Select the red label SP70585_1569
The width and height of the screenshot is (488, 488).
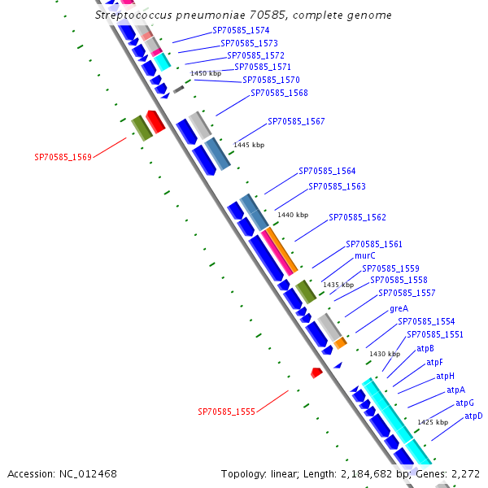pyautogui.click(x=63, y=157)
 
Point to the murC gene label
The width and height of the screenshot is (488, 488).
pyautogui.click(x=365, y=255)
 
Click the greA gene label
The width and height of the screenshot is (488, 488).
pyautogui.click(x=399, y=309)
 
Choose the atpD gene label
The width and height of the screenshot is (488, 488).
pyautogui.click(x=473, y=416)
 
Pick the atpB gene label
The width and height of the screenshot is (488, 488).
pyautogui.click(x=425, y=349)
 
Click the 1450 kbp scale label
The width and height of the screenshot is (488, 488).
pyautogui.click(x=206, y=73)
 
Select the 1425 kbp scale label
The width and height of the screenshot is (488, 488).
pyautogui.click(x=433, y=422)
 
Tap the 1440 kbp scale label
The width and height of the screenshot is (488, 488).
pyautogui.click(x=293, y=215)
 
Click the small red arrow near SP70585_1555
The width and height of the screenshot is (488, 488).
pyautogui.click(x=316, y=372)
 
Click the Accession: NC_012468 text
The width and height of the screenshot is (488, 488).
pyautogui.click(x=62, y=473)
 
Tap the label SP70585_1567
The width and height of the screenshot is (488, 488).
pyautogui.click(x=296, y=121)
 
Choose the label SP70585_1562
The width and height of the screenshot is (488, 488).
pyautogui.click(x=357, y=218)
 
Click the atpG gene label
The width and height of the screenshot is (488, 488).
pyautogui.click(x=464, y=403)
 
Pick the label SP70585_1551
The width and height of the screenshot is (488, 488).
pyautogui.click(x=435, y=334)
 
